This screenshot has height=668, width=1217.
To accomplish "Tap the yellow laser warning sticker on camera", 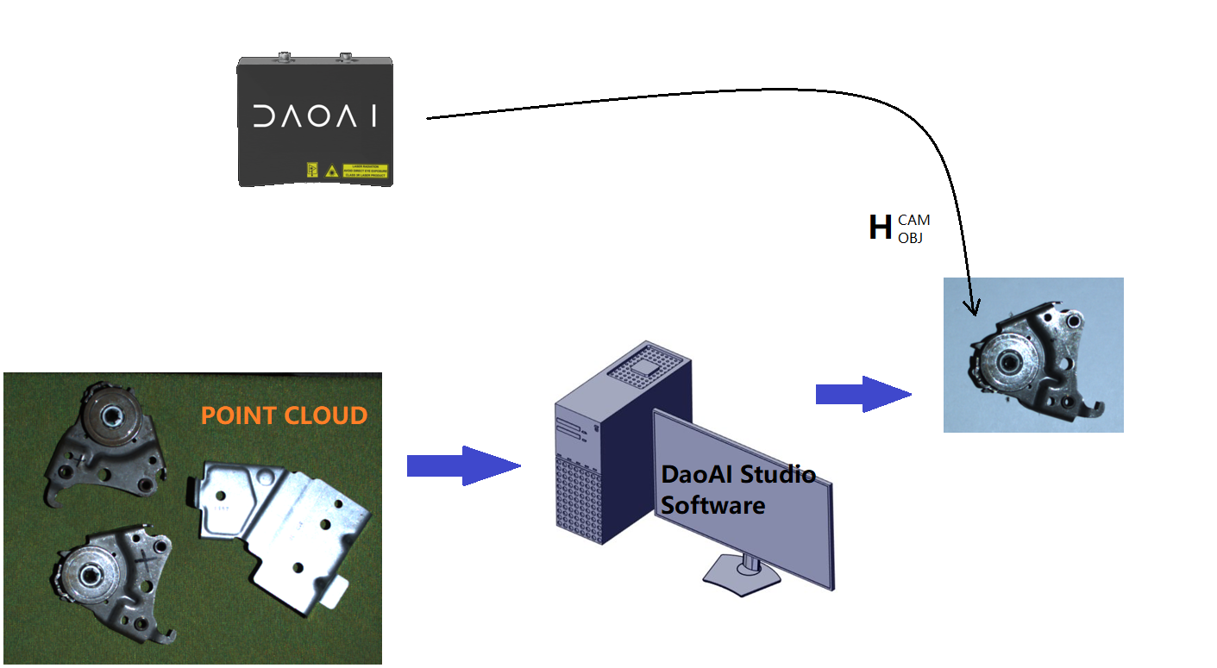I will coord(365,171).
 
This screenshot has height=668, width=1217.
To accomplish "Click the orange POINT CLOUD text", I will coord(284,416).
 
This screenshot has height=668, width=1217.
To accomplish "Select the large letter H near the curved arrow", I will coord(879,228).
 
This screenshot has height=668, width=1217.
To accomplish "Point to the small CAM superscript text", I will coord(913,221).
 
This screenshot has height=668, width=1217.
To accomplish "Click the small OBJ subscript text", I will coord(910,238).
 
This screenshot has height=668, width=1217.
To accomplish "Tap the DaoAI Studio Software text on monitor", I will coord(737,490).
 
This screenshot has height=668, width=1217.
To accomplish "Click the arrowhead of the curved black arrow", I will coord(975,307).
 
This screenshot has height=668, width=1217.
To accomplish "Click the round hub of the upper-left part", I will coord(111,415).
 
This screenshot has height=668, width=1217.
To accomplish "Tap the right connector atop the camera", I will coord(345,58).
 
